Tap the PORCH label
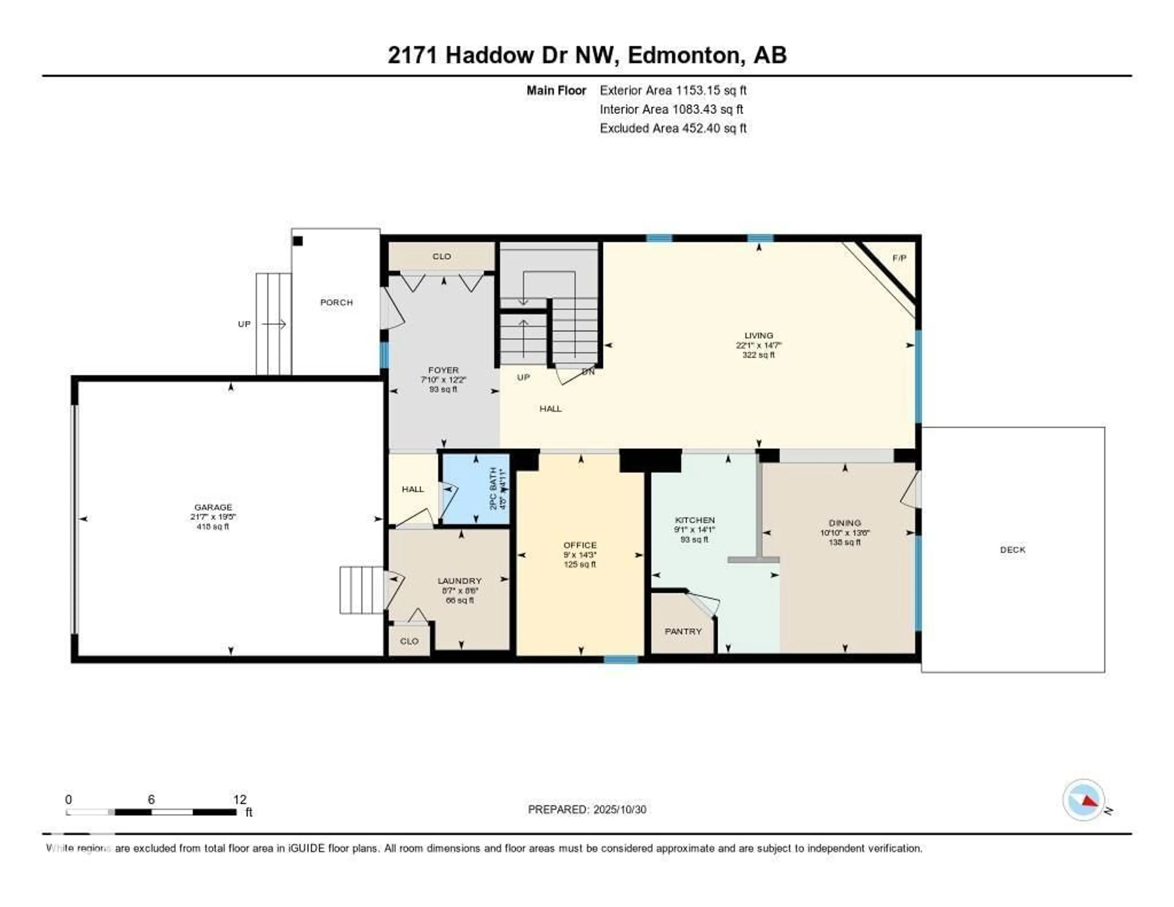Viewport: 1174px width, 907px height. coord(337,303)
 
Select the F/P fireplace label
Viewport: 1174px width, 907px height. coord(899,258)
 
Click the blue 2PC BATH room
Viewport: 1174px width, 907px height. coord(475,489)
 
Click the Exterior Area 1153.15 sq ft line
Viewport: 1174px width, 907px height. coord(673,90)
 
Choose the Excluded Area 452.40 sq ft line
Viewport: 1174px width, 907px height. coord(673,128)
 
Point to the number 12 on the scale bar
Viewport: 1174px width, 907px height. coord(240,799)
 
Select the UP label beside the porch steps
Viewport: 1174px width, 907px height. coord(244,324)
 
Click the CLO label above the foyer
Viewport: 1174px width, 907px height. coord(441,257)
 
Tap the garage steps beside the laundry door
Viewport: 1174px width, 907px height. coord(361,590)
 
